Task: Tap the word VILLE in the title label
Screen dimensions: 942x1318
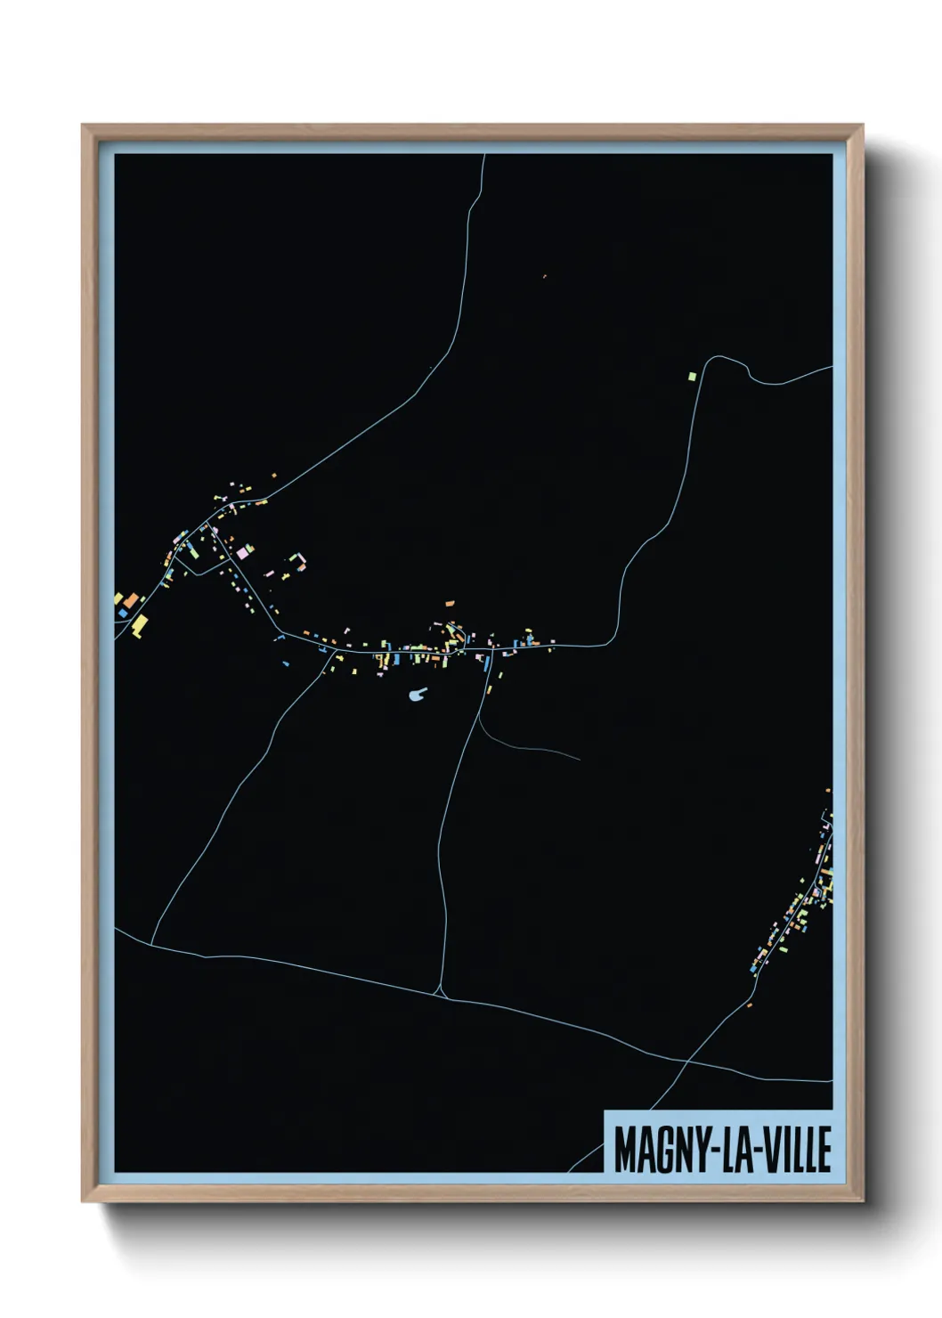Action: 794,1150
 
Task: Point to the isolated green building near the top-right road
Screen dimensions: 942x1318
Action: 691,377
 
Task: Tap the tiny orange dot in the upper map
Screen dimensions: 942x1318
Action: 544,276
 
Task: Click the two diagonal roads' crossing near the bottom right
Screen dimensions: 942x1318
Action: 686,1062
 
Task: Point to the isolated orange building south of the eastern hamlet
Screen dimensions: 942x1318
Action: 750,1005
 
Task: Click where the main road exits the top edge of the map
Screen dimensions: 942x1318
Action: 483,156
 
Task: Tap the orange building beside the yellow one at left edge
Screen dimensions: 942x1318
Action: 130,601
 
